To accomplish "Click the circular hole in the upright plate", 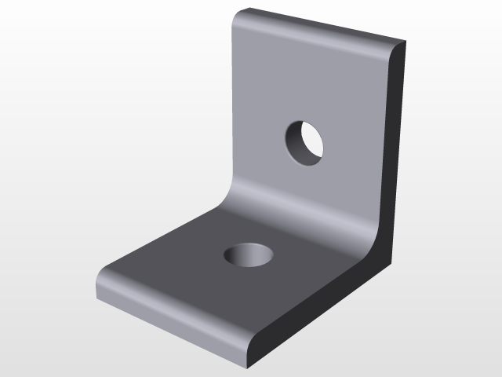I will click(x=304, y=143).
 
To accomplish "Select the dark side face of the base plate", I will click(x=314, y=306).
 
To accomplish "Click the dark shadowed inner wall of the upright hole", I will click(x=293, y=141).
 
